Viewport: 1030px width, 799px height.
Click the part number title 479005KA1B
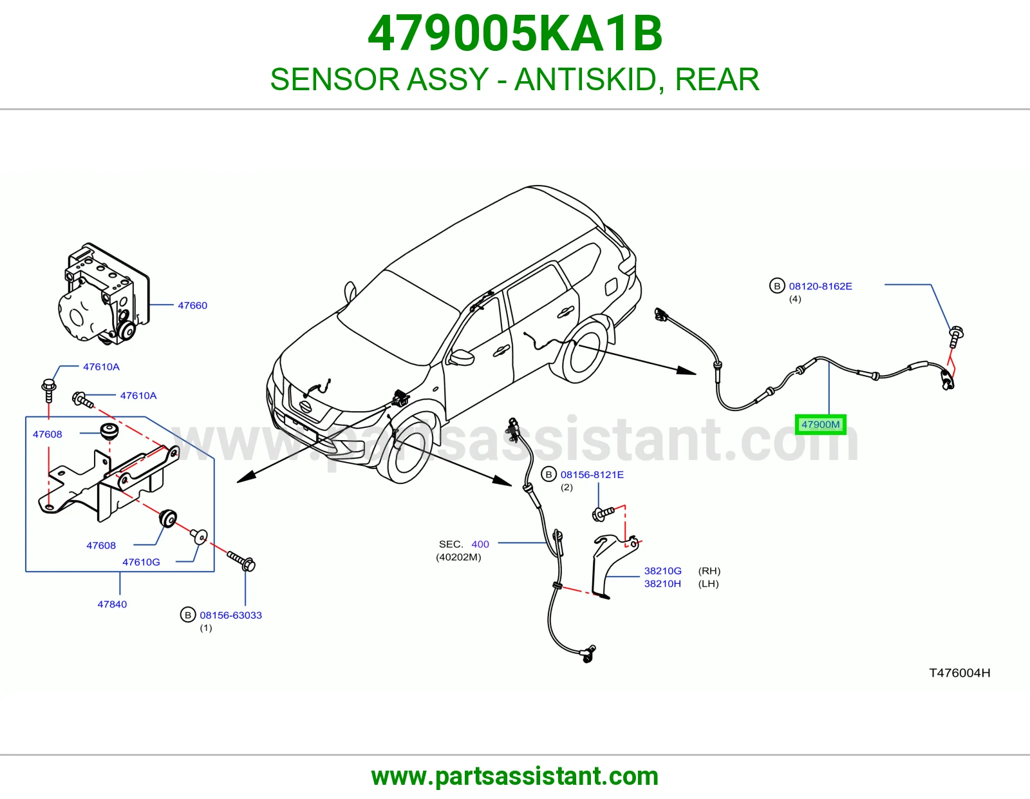pos(515,34)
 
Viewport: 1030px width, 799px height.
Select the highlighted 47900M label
pos(821,425)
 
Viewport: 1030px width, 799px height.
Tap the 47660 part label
pos(192,305)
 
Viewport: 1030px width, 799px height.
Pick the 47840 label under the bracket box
pos(113,604)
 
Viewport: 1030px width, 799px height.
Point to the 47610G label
pos(141,563)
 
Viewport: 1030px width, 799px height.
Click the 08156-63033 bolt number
pos(231,615)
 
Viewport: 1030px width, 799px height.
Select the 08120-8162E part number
pos(821,286)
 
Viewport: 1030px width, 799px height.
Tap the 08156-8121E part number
pos(592,474)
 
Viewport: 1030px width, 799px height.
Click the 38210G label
pos(662,571)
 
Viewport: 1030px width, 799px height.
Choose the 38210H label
pos(662,584)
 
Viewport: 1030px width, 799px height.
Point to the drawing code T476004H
pos(959,673)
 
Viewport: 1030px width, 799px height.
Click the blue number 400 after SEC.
pos(480,544)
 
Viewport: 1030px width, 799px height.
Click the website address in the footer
pos(515,776)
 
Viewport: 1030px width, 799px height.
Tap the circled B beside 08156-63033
pos(188,615)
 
